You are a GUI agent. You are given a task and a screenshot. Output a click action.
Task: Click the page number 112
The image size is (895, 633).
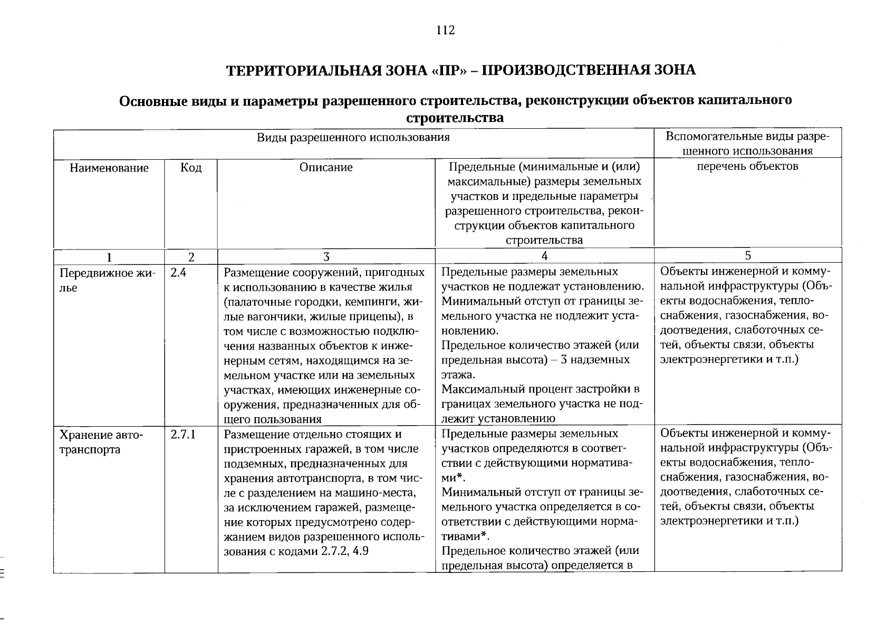pyautogui.click(x=446, y=31)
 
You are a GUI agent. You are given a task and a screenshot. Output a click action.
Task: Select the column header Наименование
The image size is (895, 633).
pyautogui.click(x=109, y=168)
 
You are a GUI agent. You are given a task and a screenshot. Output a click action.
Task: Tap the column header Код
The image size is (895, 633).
pyautogui.click(x=191, y=168)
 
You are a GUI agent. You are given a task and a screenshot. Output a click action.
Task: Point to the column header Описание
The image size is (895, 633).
pyautogui.click(x=326, y=168)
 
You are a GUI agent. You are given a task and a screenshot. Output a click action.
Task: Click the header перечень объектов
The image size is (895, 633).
pyautogui.click(x=747, y=167)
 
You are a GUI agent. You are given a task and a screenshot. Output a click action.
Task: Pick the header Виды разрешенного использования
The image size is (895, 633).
pyautogui.click(x=353, y=138)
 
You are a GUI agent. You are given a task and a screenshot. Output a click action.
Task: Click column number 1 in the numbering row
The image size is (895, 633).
pyautogui.click(x=109, y=257)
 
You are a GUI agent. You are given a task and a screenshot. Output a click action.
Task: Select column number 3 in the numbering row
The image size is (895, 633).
pyautogui.click(x=326, y=257)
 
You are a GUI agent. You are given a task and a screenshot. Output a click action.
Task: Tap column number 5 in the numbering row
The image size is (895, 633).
pyautogui.click(x=747, y=256)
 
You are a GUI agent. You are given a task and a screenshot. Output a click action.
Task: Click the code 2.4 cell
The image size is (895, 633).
pyautogui.click(x=179, y=273)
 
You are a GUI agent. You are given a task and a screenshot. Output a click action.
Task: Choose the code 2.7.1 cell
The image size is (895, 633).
pyautogui.click(x=184, y=435)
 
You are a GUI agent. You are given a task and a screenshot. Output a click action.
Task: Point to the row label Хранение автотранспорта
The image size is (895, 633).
pyautogui.click(x=101, y=442)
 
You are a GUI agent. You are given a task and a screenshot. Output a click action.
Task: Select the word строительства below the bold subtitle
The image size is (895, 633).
pyautogui.click(x=455, y=118)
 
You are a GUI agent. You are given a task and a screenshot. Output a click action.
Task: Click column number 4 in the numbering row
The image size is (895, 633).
pyautogui.click(x=544, y=256)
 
